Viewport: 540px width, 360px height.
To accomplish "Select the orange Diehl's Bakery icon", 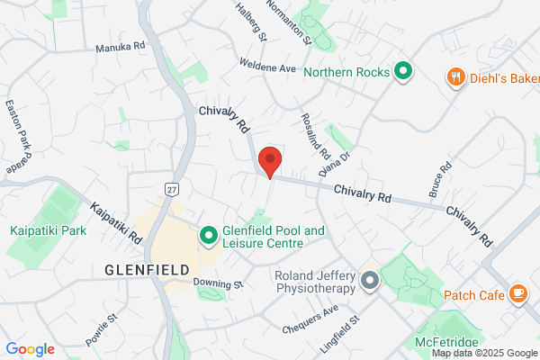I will tap(456, 77).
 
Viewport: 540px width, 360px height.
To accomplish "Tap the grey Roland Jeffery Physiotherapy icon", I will tap(368, 282).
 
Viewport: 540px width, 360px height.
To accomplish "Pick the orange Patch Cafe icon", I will tap(517, 293).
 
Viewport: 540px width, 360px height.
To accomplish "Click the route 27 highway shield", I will tap(171, 187).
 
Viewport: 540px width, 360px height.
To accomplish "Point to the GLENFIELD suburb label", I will tap(147, 270).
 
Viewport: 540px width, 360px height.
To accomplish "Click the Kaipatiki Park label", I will tap(48, 231).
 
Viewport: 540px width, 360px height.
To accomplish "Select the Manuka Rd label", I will tap(120, 46).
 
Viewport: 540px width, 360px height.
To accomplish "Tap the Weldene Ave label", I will tap(268, 67).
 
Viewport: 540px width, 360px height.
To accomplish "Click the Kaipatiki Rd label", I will tap(117, 222).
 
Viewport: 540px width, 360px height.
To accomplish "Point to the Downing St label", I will tap(219, 283).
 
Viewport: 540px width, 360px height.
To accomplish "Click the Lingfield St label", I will tap(339, 333).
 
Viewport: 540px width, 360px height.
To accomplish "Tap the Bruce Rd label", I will tap(439, 182).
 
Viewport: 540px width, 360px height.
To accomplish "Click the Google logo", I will tap(31, 349).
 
